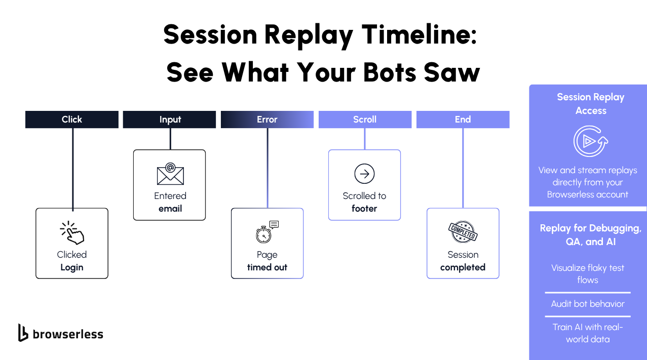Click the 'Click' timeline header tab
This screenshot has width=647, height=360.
pos(72,119)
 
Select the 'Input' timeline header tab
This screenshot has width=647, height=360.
pos(170,119)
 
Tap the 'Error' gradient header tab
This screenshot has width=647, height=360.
pos(267,119)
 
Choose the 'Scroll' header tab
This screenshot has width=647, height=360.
pos(365,119)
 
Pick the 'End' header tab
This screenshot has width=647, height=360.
pos(463,119)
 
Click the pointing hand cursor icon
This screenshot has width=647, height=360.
pos(72,233)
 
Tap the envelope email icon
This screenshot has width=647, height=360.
pos(170,174)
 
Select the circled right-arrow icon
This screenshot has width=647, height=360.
pos(364,174)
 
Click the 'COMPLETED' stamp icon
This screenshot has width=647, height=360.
pos(463,232)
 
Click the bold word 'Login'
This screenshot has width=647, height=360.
pos(72,267)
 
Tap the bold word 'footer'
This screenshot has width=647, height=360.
pos(364,209)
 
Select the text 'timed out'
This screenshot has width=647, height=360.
pos(267,267)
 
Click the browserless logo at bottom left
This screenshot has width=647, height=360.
pos(61,333)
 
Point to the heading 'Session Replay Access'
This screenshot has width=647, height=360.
pos(590,104)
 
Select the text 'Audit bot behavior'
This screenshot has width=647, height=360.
pos(588,304)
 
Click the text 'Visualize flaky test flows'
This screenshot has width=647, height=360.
pos(588,274)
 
